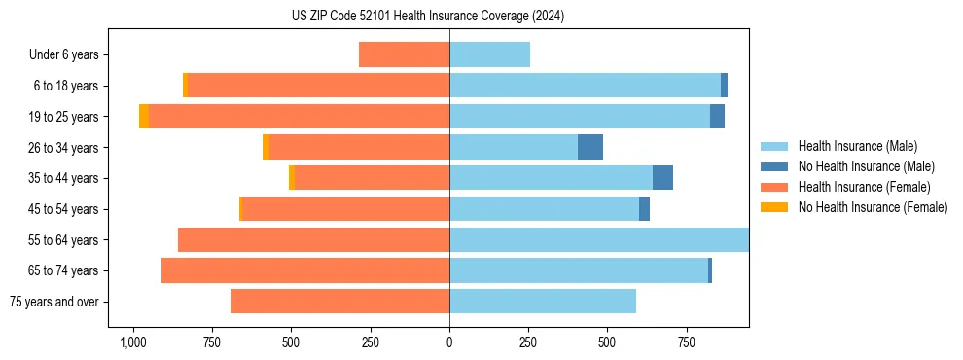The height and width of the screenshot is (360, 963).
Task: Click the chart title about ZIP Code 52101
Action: (427, 17)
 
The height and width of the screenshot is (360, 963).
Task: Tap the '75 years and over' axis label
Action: (53, 302)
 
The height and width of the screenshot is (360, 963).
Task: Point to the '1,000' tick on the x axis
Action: (132, 342)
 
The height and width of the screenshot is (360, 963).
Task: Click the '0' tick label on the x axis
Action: (449, 342)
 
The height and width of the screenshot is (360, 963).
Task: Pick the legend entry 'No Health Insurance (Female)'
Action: (873, 207)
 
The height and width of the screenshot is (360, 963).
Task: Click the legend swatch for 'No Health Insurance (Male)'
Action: (774, 166)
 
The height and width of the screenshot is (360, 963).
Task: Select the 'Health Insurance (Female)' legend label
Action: (864, 187)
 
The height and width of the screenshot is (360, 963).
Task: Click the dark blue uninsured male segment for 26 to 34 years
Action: (590, 147)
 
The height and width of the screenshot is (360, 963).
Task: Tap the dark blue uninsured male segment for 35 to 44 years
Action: (662, 178)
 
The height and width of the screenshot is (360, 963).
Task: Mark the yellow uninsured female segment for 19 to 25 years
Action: (144, 117)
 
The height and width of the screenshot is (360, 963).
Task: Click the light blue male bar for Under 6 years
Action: (489, 54)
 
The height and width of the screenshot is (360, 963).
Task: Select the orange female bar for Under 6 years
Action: (404, 54)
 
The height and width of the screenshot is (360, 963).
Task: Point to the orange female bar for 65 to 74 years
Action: (305, 270)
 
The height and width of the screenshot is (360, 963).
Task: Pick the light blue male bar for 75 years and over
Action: (543, 302)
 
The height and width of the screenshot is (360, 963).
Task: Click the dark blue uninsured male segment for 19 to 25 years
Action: (717, 117)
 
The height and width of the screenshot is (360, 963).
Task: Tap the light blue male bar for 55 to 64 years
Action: (599, 239)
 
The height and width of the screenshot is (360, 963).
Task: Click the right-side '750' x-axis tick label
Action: (687, 342)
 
